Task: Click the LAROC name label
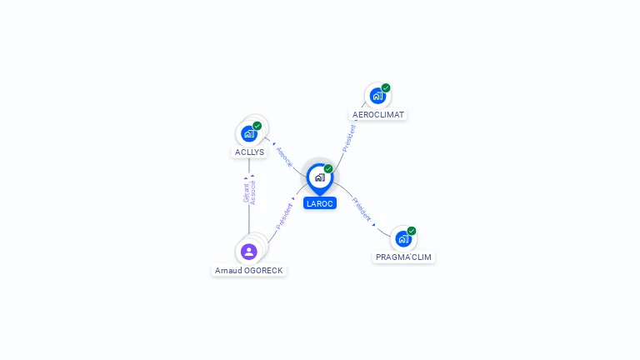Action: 319,203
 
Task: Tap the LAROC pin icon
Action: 319,177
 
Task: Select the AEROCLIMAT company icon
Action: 377,96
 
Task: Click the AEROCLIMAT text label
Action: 378,114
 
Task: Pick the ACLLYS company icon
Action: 248,133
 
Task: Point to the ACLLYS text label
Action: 249,152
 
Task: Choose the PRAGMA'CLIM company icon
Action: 403,238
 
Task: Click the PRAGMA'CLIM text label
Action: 403,257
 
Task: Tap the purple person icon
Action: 248,252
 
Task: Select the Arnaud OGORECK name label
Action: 248,270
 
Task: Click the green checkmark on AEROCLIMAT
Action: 386,87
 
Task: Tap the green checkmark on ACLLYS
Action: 257,126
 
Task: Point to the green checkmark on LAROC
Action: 328,168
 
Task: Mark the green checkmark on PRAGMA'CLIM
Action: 412,231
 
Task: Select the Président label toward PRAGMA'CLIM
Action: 362,208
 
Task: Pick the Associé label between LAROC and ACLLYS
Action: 284,157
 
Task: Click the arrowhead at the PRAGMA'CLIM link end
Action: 374,224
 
